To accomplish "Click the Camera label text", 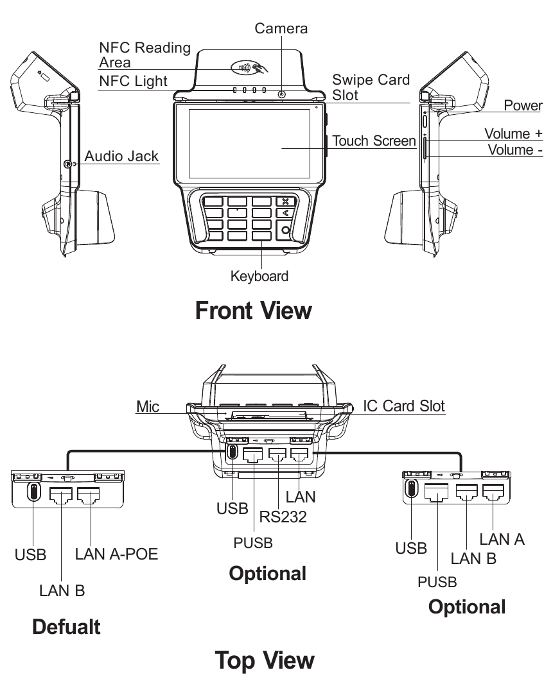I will tap(281, 28).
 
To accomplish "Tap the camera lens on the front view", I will tap(281, 94).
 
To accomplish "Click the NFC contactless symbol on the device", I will tap(247, 67).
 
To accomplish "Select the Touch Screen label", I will tap(374, 141).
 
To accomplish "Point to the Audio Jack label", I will tap(121, 156).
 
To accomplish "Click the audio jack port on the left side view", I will tap(67, 164).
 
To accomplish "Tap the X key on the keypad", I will tap(285, 201).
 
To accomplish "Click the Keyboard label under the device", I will tap(259, 277).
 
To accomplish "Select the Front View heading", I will tap(253, 311).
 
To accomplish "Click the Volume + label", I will tap(513, 133).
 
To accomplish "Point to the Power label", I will tap(523, 106).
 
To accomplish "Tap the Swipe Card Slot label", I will tap(370, 87).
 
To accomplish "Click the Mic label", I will tap(148, 407).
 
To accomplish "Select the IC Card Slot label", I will tap(403, 406).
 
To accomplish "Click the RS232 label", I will tap(283, 517).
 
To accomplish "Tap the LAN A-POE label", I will tap(116, 554).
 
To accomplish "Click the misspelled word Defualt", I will tap(66, 626).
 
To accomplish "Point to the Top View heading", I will tap(265, 660).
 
